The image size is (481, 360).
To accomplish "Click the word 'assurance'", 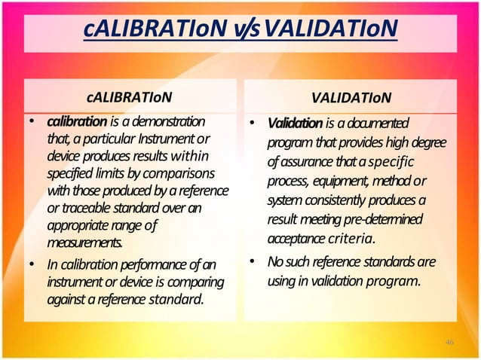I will point(309,163).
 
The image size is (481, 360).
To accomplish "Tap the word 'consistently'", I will point(341,201).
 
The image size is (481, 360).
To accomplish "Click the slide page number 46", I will point(449,343).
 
